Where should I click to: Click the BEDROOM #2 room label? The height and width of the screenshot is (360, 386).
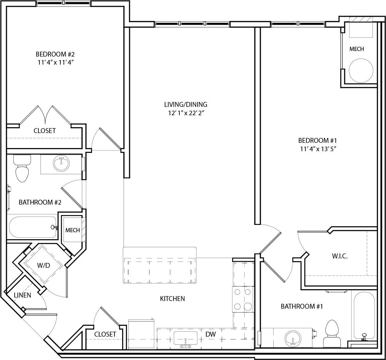point(55,54)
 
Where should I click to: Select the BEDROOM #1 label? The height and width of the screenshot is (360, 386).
point(317,140)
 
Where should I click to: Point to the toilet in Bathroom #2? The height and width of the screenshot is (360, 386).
point(22,169)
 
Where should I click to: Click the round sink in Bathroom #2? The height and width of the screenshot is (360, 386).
point(62,164)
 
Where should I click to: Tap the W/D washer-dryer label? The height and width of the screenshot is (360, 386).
point(44,265)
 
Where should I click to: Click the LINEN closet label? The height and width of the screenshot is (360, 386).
point(22,295)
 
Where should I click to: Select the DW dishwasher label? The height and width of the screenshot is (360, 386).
point(210,334)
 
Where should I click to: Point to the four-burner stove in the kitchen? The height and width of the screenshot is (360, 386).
point(243,299)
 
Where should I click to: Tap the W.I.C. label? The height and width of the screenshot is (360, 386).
point(340,256)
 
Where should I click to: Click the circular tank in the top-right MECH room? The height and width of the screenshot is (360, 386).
point(361,70)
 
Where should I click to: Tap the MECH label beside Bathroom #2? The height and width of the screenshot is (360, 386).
point(73,230)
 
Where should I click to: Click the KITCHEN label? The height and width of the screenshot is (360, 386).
point(172,299)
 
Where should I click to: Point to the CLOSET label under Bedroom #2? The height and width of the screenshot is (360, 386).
point(45,131)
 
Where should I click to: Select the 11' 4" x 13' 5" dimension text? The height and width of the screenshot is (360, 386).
point(317,149)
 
